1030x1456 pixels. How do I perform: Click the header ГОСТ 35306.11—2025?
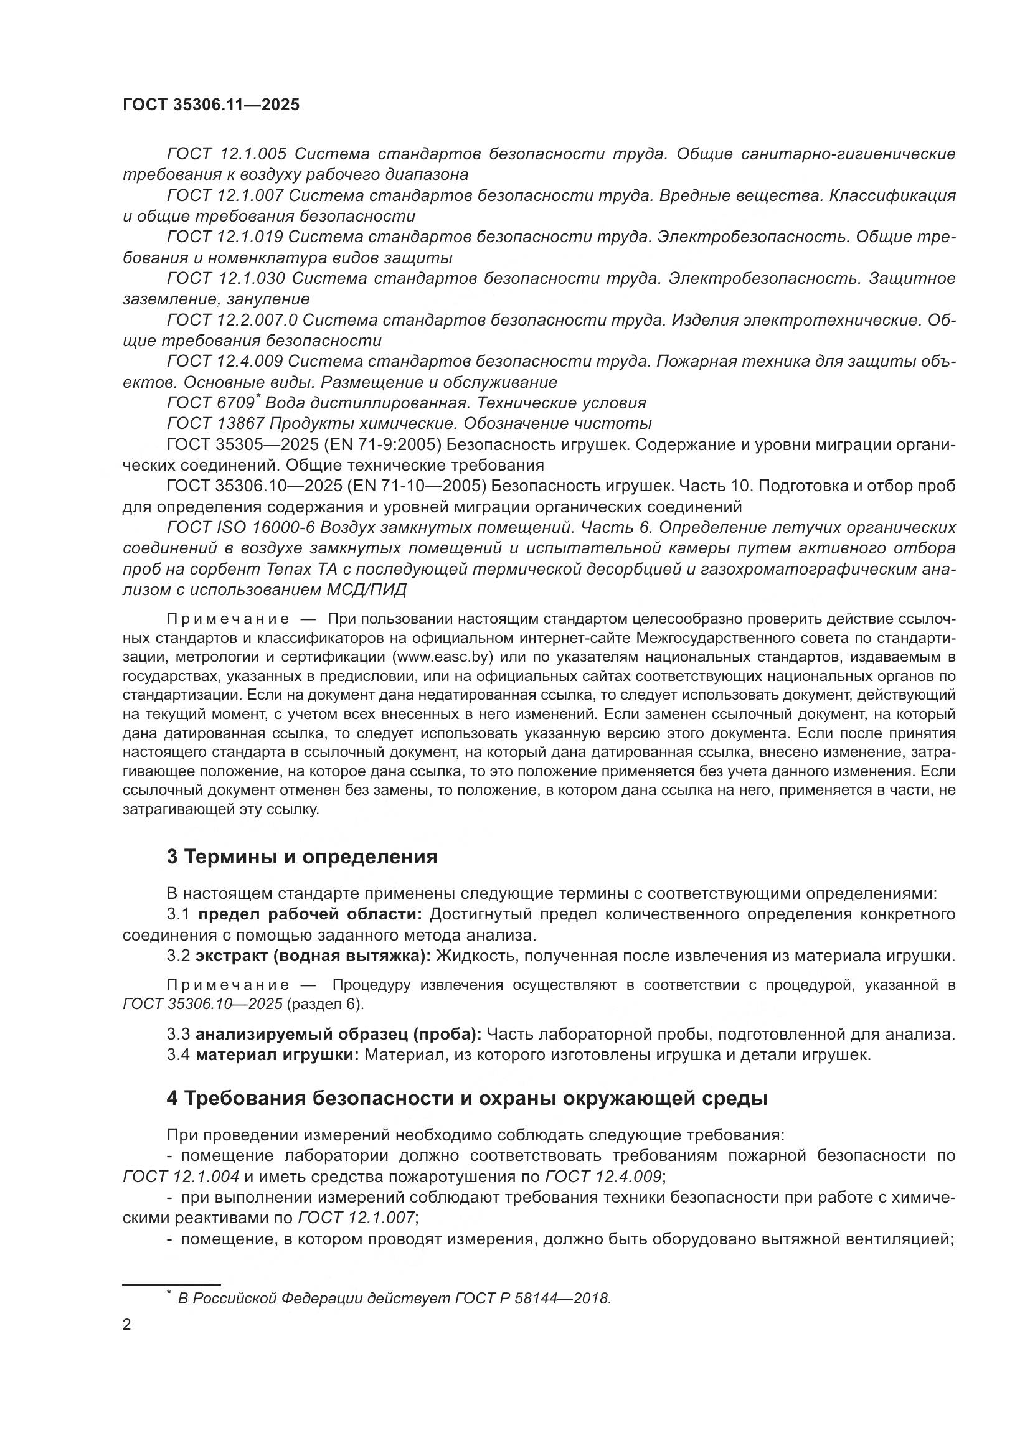click(x=210, y=105)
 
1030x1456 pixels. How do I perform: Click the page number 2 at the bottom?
click(x=127, y=1325)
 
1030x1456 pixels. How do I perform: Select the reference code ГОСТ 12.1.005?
click(x=227, y=154)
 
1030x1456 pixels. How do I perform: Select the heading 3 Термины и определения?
click(x=302, y=857)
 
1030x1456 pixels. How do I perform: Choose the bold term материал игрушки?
click(x=277, y=1055)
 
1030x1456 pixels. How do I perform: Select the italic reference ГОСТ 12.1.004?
click(x=181, y=1177)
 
